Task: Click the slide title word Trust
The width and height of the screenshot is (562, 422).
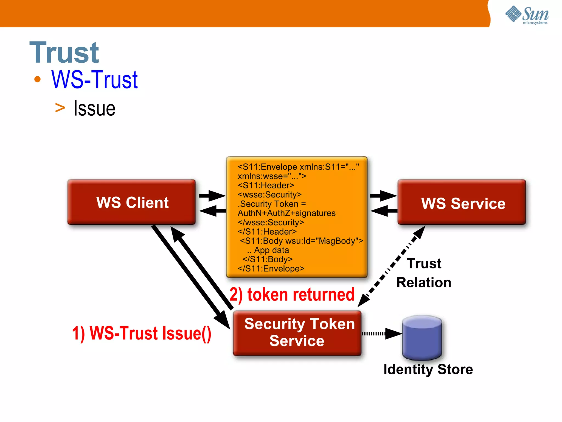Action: click(64, 52)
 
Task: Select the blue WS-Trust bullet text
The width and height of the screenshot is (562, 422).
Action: click(94, 80)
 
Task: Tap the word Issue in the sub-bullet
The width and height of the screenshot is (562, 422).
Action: click(94, 109)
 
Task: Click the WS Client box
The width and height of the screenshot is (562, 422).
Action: click(132, 202)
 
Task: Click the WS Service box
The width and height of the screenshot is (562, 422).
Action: click(462, 203)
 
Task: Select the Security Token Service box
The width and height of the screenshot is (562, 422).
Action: click(297, 332)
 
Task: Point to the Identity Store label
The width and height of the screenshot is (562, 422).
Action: click(428, 369)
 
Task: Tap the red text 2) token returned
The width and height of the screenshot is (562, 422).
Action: click(292, 295)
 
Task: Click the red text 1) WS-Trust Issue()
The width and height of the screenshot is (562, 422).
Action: click(142, 333)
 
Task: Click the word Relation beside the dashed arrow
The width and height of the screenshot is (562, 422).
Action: click(424, 282)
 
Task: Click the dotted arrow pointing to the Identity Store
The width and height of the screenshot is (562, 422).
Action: click(381, 334)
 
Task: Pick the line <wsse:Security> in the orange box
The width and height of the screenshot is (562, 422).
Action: click(269, 195)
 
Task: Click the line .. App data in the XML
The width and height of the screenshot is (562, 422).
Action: click(268, 250)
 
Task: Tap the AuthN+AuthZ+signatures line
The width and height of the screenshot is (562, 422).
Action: click(286, 213)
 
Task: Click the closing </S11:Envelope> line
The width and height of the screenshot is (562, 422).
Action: click(271, 268)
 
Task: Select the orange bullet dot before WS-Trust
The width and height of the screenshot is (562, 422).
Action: click(37, 80)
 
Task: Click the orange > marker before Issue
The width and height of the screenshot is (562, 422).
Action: click(60, 108)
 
